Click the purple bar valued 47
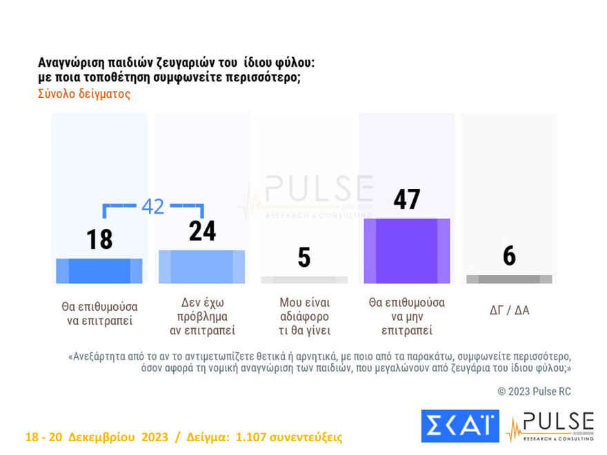click(x=406, y=251)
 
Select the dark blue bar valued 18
click(x=99, y=271)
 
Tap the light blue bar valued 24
click(x=201, y=267)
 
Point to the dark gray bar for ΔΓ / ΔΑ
click(x=509, y=279)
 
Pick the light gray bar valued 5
click(x=303, y=280)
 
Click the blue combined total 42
click(x=152, y=206)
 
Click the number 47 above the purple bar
click(x=407, y=199)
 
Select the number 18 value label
click(x=99, y=240)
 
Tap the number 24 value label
click(x=202, y=231)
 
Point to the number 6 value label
click(x=509, y=256)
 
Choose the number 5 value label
click(x=303, y=257)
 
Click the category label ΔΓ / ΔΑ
click(x=509, y=310)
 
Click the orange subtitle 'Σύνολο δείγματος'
click(x=84, y=94)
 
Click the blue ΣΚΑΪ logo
click(x=459, y=425)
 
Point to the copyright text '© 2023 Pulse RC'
click(x=534, y=392)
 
